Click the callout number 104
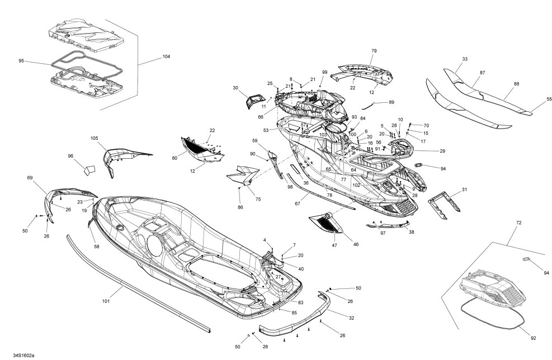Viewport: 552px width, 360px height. tap(166, 57)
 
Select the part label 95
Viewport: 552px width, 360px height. tap(21, 60)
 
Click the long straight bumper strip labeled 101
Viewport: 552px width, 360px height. tap(140, 280)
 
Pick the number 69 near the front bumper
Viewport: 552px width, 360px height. tap(30, 177)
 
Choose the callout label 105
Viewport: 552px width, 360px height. tap(94, 138)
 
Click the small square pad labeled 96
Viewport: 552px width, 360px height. tap(88, 168)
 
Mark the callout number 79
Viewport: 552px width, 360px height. tap(374, 51)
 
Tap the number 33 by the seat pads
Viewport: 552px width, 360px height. tap(465, 59)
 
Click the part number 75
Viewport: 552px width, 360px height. tap(258, 200)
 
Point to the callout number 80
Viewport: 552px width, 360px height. tap(174, 158)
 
